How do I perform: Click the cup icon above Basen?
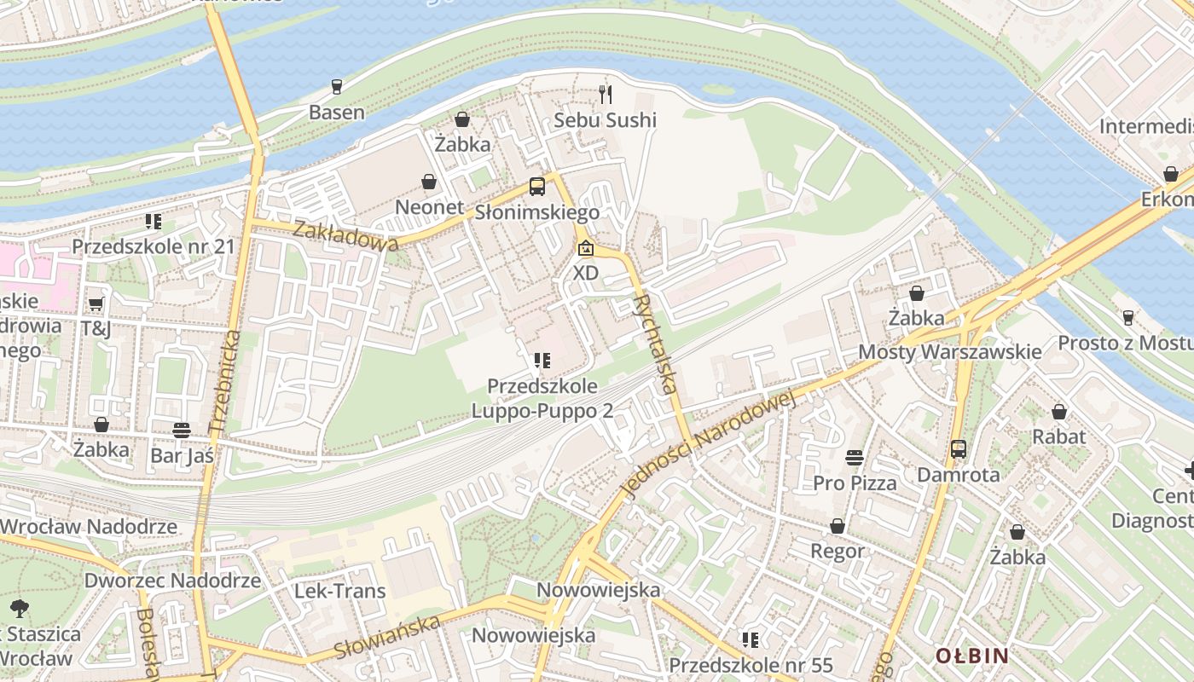point(336,87)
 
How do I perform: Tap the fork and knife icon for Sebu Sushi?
point(606,94)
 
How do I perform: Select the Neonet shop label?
point(429,207)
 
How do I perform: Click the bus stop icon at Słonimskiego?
point(536,187)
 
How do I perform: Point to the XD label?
point(585,273)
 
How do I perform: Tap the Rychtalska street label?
point(657,344)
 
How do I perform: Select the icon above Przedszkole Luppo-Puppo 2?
point(542,361)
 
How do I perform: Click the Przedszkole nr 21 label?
point(153,246)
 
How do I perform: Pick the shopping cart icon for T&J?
point(96,304)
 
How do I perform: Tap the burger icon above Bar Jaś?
point(181,431)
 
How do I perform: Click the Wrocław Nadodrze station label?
point(88,526)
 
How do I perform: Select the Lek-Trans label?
point(339,591)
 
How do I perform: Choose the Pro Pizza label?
point(855,483)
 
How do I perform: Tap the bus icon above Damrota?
point(958,449)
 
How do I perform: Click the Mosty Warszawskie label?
point(949,352)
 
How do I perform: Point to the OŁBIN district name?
point(971,656)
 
